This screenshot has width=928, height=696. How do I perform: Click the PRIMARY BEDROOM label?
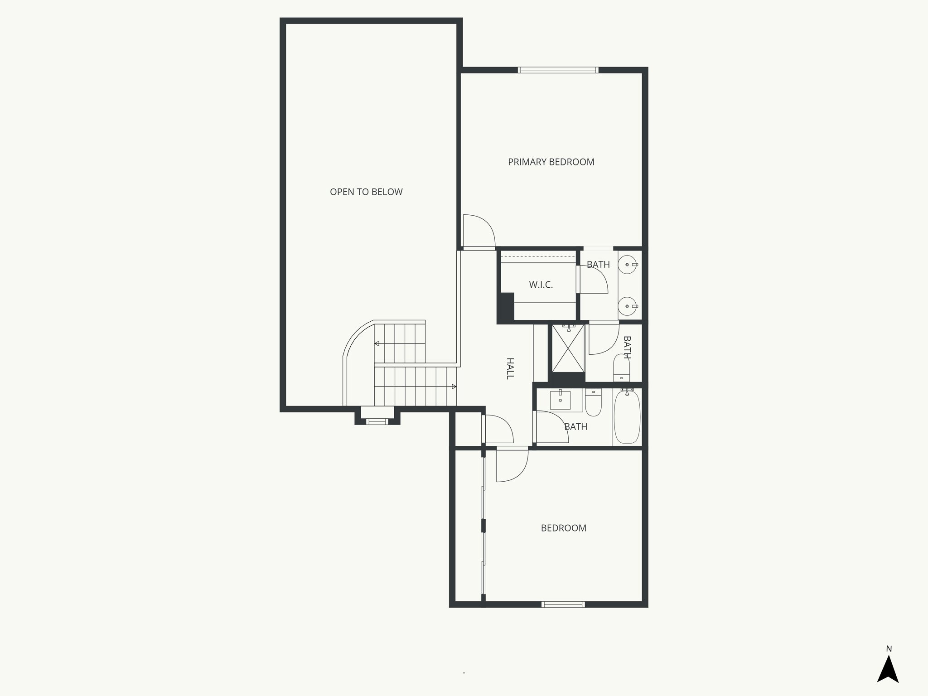[x=551, y=162]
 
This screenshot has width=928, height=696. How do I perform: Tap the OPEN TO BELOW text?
[x=366, y=192]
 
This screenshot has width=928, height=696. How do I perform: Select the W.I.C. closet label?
[x=541, y=285]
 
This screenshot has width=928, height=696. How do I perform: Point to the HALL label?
[x=510, y=368]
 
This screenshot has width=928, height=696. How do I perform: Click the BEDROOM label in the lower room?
[x=563, y=528]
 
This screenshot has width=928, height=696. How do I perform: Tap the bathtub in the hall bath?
[x=627, y=417]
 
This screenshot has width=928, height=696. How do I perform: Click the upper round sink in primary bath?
[x=628, y=264]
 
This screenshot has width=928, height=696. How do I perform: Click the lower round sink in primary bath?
[x=628, y=306]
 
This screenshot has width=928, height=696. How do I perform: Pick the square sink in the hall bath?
[x=560, y=400]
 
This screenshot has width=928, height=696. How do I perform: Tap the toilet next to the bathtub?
[x=593, y=403]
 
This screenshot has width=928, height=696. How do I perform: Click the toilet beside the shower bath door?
[x=621, y=368]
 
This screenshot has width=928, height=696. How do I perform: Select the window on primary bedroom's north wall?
[x=558, y=70]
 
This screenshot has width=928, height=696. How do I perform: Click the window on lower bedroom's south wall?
[x=563, y=604]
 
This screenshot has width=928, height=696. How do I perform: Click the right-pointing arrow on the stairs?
[x=453, y=387]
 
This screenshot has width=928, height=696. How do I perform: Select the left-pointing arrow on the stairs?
[x=377, y=344]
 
